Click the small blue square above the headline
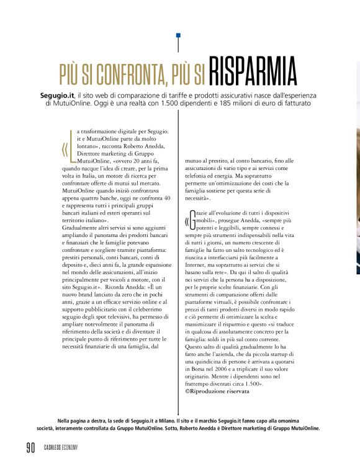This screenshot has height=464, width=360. coord(178,35)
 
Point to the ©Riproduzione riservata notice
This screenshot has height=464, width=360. coord(217,392)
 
